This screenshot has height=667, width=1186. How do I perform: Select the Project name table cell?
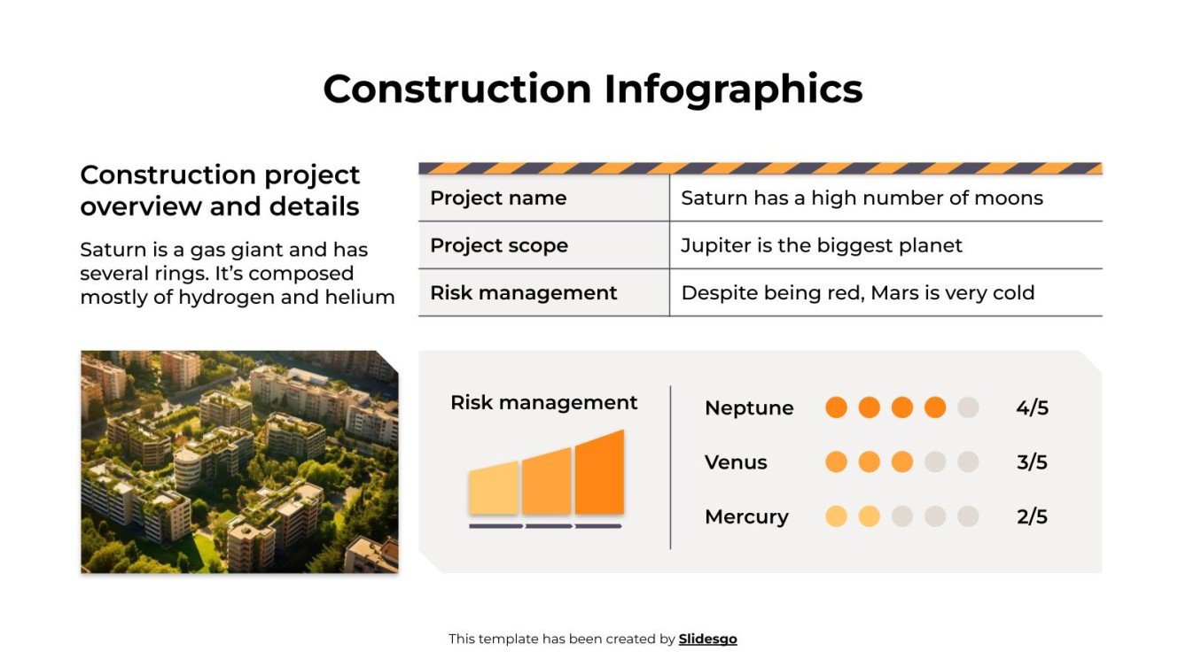(498, 198)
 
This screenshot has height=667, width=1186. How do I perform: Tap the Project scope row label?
(499, 245)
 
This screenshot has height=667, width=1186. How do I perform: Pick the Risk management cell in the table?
(523, 293)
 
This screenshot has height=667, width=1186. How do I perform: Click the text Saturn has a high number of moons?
(862, 198)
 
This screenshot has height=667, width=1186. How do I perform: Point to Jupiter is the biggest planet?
(821, 245)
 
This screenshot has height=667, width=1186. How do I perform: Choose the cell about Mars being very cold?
(857, 293)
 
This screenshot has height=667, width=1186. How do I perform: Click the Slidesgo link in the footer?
(707, 639)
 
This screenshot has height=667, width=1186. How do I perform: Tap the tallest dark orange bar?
(599, 474)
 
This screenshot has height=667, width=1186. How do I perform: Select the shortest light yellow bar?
(494, 488)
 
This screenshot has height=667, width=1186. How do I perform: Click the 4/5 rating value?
(1032, 408)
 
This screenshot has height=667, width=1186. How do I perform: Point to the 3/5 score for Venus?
(1032, 462)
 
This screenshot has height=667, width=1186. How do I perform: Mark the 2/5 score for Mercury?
(1032, 517)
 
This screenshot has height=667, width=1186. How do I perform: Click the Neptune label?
(749, 408)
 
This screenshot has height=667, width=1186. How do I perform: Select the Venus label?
(736, 462)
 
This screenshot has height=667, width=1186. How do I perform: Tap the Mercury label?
(746, 517)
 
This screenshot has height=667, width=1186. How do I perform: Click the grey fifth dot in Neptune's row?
(968, 407)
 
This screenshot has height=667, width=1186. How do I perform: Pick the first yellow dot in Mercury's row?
(836, 516)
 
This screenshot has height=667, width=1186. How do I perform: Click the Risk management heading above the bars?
(543, 403)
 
